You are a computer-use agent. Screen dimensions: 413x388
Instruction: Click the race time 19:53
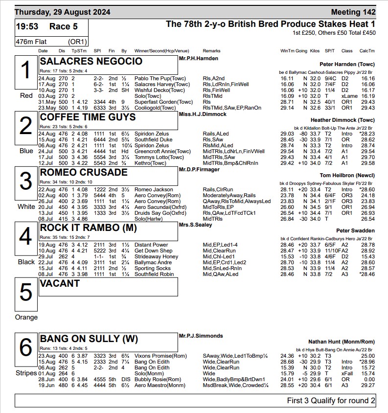(29, 26)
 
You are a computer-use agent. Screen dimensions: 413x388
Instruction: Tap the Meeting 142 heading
(353, 12)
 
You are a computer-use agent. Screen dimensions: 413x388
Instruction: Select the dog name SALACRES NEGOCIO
(91, 61)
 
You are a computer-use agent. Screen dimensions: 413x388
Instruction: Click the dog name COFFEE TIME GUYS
(88, 117)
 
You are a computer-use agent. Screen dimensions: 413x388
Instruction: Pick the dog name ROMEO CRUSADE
(84, 172)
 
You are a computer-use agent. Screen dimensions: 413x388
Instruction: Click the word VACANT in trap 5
(60, 283)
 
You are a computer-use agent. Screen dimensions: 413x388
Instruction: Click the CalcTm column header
(367, 51)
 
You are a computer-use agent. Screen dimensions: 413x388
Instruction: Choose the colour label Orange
(26, 317)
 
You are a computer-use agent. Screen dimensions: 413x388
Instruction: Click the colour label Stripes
(26, 373)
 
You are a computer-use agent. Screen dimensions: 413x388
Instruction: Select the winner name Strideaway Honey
(156, 257)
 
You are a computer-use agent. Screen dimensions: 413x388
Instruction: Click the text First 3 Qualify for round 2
(331, 401)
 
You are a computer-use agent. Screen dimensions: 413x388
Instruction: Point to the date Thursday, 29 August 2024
(63, 12)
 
